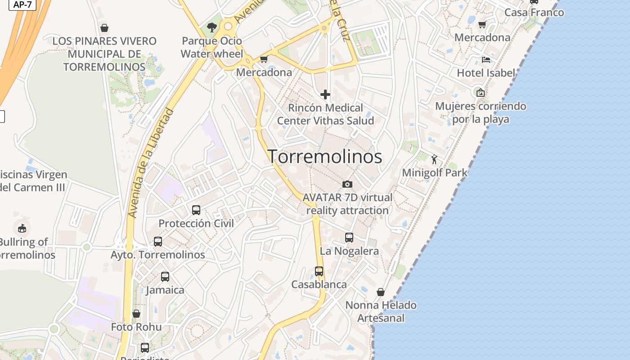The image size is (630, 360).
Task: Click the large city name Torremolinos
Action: [x=325, y=157]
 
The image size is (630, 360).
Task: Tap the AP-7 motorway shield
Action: [x=22, y=4]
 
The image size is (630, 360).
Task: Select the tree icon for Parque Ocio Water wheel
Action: [x=211, y=27]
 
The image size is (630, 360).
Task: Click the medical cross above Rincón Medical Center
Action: [x=325, y=94]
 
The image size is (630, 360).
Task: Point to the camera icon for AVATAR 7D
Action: [x=347, y=184]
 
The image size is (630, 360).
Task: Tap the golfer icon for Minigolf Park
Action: [x=434, y=159]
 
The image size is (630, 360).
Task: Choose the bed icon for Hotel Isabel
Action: [x=486, y=59]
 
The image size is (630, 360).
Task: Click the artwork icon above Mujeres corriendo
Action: [x=481, y=93]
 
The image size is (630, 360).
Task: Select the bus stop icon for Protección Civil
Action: [x=196, y=210]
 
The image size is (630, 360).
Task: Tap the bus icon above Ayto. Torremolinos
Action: [x=157, y=241]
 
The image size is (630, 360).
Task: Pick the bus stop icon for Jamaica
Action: [x=165, y=276]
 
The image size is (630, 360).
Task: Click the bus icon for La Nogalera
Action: [x=349, y=237]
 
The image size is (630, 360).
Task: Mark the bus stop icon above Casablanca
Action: [x=319, y=271]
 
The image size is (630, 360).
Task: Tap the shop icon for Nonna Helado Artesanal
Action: [x=381, y=292]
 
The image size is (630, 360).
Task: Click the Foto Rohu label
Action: [x=136, y=327]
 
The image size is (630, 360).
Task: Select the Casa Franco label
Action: [x=534, y=12]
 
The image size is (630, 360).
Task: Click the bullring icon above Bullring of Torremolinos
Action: [x=22, y=228]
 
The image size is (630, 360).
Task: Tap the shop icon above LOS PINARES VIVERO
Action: [x=104, y=28]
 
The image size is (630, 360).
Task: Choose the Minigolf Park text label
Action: [x=435, y=172]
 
